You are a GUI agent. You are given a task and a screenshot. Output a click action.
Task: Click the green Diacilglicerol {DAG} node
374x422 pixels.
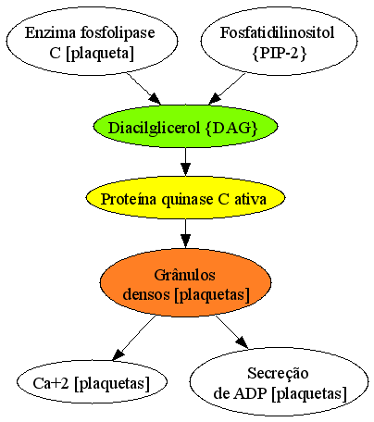coord(185,127)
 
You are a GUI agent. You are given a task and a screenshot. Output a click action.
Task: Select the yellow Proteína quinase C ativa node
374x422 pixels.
coord(185,198)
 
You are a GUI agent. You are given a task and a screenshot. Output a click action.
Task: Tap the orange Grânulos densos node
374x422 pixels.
coord(185,282)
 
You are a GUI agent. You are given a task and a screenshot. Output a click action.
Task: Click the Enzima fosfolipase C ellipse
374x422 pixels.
coord(92,41)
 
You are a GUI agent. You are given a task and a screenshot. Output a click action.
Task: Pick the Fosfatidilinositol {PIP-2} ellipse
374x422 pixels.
coord(279,41)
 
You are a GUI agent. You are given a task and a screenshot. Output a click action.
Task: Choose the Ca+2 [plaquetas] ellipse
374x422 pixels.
coord(92,382)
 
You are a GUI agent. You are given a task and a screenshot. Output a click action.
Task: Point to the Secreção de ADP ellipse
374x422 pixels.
coord(279,382)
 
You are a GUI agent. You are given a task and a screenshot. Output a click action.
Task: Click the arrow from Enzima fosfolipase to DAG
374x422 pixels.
coord(143,89)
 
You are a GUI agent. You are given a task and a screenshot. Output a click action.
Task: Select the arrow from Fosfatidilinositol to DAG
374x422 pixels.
coord(227,89)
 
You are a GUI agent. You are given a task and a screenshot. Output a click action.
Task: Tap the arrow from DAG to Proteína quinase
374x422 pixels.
coord(185,162)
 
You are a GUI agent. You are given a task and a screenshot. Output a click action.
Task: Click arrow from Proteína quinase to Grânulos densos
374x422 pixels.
coord(185,233)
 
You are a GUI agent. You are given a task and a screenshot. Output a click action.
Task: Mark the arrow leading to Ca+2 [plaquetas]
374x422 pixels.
coord(134,338)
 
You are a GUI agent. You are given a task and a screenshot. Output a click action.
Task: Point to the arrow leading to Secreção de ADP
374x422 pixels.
coord(231,332)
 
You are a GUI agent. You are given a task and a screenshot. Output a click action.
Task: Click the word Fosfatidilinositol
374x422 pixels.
coord(277,32)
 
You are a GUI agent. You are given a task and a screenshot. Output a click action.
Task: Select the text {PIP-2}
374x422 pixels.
coord(280,53)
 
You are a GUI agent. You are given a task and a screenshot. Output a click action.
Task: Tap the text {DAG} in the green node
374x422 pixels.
coord(231,128)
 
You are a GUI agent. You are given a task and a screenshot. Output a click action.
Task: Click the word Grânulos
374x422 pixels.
coord(184,275)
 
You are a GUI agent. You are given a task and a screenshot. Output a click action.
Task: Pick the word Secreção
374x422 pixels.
coord(278,374)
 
